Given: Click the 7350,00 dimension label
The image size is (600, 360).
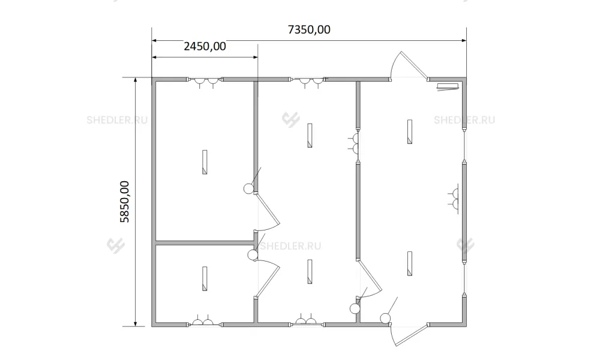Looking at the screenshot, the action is (309, 29).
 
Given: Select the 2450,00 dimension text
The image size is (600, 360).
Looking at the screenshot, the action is (205, 46).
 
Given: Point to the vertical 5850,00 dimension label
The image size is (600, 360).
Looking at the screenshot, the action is (125, 202).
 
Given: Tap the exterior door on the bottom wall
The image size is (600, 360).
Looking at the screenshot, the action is (409, 335).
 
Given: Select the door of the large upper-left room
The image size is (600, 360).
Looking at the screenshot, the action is (268, 212).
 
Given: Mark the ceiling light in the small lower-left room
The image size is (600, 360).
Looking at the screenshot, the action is (205, 278).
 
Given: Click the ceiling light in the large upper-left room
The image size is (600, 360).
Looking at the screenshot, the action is (205, 162).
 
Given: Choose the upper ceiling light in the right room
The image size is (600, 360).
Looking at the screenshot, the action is (410, 131).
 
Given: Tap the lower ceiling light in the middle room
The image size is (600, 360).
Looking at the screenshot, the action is (310, 272).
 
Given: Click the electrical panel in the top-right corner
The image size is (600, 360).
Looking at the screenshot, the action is (448, 87).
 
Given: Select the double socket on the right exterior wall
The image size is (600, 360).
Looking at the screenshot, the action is (454, 199).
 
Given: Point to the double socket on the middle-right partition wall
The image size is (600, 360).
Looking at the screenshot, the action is (354, 143).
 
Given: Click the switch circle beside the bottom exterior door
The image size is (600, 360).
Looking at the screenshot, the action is (385, 318).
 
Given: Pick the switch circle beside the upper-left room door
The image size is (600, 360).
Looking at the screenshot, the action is (248, 188).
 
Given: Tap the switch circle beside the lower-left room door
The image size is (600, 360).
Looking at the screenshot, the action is (253, 255).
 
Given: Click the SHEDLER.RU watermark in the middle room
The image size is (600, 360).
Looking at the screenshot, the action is (290, 246).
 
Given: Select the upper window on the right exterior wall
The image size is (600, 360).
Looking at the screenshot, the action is (464, 146).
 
